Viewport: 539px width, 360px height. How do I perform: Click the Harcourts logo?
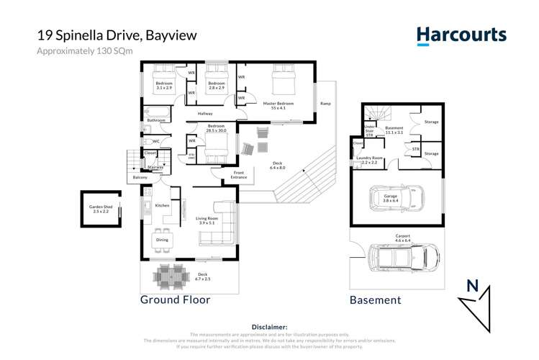point(461,35)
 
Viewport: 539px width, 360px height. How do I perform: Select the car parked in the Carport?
point(404,255)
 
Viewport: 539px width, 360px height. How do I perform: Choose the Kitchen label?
point(162,206)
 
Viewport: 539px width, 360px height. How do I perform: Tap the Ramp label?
point(325,103)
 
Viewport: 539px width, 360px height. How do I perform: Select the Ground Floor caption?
point(175,300)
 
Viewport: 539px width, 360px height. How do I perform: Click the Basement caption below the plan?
point(375,300)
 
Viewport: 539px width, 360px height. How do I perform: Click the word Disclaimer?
point(269,326)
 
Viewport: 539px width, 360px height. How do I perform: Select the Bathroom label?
point(157,120)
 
